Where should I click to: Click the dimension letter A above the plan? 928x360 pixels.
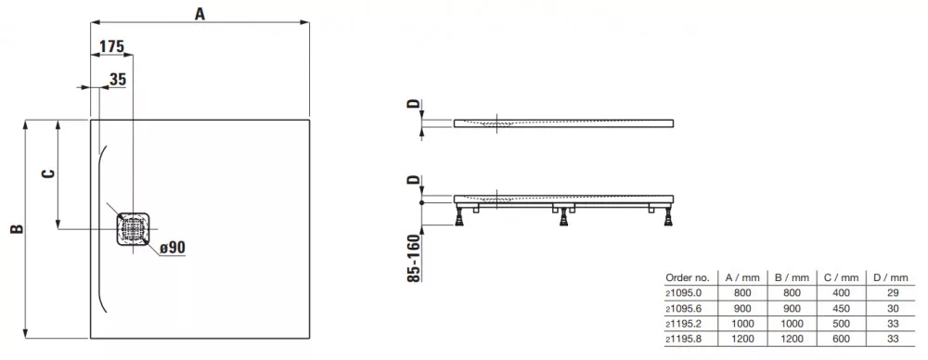coord(200,14)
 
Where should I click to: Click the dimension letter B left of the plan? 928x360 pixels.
coord(18,228)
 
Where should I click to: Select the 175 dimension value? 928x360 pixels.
coord(111,47)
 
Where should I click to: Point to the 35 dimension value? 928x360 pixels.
coord(119,80)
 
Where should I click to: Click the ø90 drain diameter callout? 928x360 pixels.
coord(173,248)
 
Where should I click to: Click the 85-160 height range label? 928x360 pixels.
coord(415,258)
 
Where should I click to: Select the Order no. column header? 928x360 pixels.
coord(687,277)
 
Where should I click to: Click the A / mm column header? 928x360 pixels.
coord(742,277)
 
